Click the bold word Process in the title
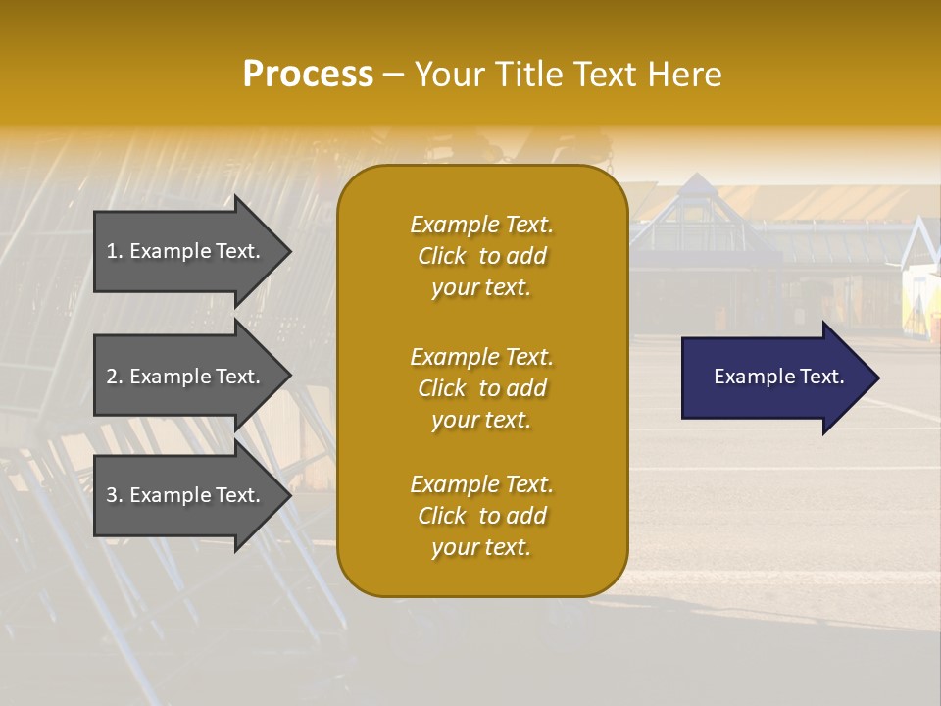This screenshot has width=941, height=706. pyautogui.click(x=308, y=75)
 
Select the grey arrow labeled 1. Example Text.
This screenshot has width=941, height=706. pyautogui.click(x=186, y=251)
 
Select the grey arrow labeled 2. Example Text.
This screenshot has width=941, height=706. pyautogui.click(x=186, y=377)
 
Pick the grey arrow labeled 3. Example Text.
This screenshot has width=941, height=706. pyautogui.click(x=186, y=495)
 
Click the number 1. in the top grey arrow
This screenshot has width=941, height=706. pyautogui.click(x=115, y=251)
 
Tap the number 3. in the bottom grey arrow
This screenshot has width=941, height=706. pyautogui.click(x=115, y=495)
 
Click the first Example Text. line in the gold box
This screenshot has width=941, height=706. pyautogui.click(x=481, y=225)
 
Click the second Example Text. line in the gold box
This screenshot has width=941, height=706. pyautogui.click(x=481, y=357)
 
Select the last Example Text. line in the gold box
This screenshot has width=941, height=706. pyautogui.click(x=481, y=484)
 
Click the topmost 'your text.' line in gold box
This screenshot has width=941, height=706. pyautogui.click(x=481, y=288)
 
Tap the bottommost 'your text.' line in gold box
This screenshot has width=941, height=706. pyautogui.click(x=481, y=548)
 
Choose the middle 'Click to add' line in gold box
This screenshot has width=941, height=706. pyautogui.click(x=481, y=388)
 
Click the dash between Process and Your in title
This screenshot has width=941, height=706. pyautogui.click(x=393, y=76)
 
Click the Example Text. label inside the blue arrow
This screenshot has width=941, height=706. pyautogui.click(x=778, y=377)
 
